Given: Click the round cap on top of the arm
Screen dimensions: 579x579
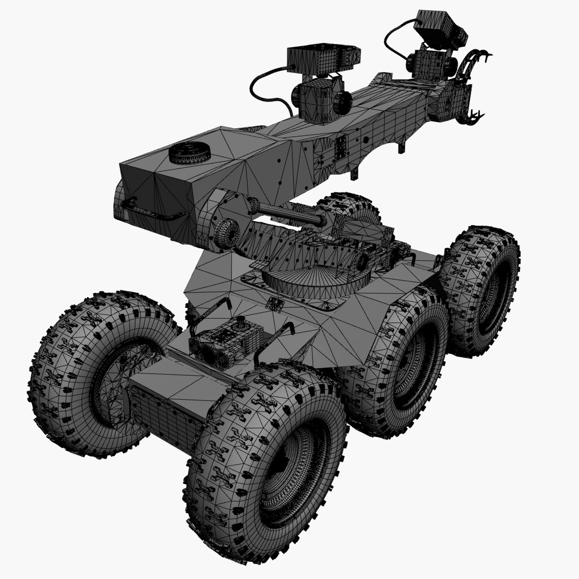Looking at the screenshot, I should pos(189,153).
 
